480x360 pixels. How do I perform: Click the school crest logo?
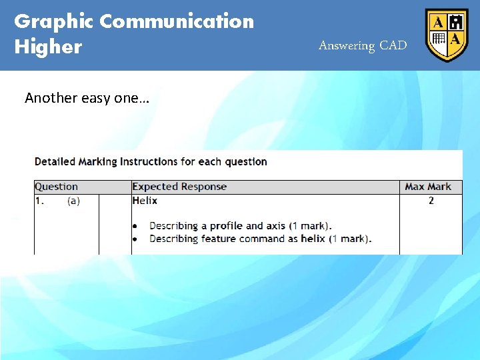pyautogui.click(x=447, y=35)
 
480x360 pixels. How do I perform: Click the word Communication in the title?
pyautogui.click(x=177, y=21)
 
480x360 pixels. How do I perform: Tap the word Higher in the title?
pyautogui.click(x=48, y=47)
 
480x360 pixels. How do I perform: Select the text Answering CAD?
pyautogui.click(x=362, y=45)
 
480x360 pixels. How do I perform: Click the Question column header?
pyautogui.click(x=56, y=187)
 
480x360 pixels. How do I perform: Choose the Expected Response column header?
pyautogui.click(x=179, y=187)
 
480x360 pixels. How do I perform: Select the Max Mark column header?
pyautogui.click(x=428, y=187)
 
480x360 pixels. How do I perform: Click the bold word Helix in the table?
pyautogui.click(x=145, y=200)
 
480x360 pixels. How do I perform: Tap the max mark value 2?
pyautogui.click(x=431, y=200)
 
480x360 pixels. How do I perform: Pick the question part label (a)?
pyautogui.click(x=73, y=201)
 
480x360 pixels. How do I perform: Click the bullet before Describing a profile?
pyautogui.click(x=135, y=226)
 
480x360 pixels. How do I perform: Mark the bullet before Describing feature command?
pyautogui.click(x=135, y=239)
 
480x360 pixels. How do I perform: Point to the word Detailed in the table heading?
pyautogui.click(x=55, y=161)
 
